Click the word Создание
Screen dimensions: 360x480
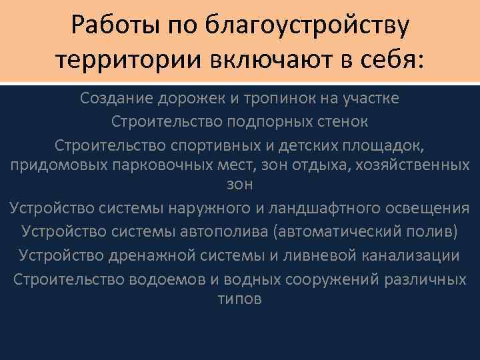pyautogui.click(x=117, y=99)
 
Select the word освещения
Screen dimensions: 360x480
pyautogui.click(x=427, y=209)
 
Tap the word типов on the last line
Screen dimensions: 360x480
pyautogui.click(x=240, y=299)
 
